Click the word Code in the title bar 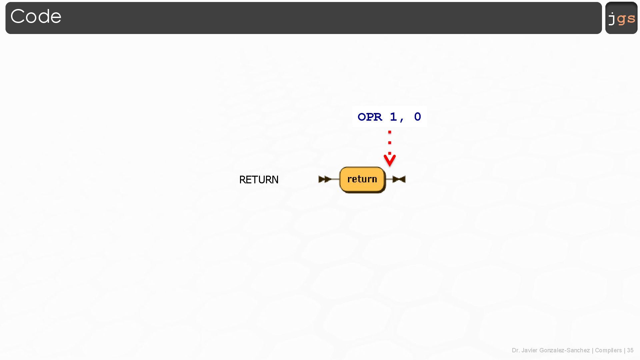point(36,16)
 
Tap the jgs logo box point(621,18)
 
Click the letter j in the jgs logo point(612,19)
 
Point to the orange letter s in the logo point(631,19)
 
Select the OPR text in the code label point(370,117)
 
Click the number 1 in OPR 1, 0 point(394,117)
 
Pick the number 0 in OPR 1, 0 point(418,117)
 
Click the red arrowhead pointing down point(390,161)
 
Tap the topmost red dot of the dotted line point(390,132)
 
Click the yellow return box point(362,179)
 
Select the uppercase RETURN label point(259,180)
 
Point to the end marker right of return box point(399,179)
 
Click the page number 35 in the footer point(630,350)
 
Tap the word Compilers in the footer point(608,350)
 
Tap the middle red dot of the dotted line point(390,143)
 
